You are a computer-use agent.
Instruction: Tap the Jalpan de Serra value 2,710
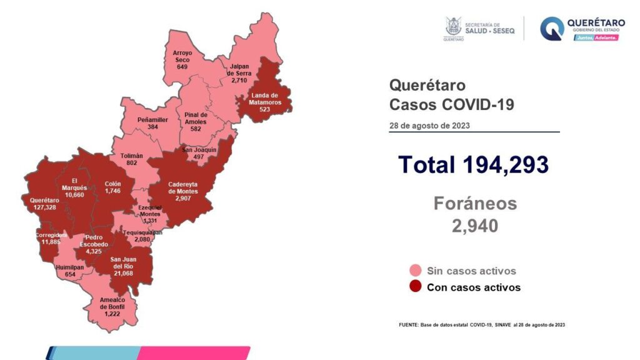[x=239, y=81]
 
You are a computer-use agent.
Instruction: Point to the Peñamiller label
[x=152, y=118]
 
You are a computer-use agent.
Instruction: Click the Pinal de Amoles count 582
[x=195, y=129]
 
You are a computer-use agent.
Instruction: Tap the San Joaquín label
[x=199, y=150]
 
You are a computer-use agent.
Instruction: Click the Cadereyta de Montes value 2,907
[x=183, y=198]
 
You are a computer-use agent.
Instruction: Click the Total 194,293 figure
[x=473, y=164]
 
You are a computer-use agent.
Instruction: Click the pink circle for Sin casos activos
[x=415, y=271]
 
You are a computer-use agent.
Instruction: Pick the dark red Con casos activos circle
[x=415, y=287]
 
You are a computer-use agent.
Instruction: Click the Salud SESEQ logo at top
[x=479, y=29]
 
